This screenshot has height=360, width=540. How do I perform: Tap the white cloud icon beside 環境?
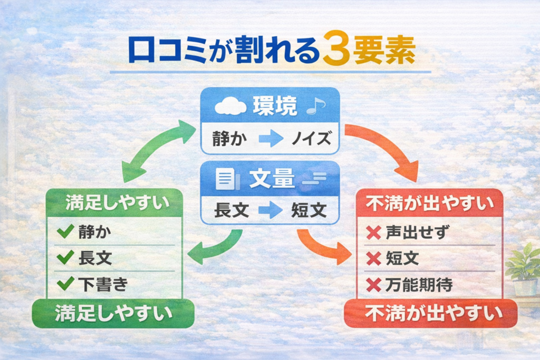click(230, 106)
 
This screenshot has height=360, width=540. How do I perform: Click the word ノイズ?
click(311, 140)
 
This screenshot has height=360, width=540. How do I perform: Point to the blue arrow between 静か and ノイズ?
click(271, 140)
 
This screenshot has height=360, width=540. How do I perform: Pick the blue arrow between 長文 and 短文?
click(271, 211)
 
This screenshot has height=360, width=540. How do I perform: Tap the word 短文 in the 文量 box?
click(310, 211)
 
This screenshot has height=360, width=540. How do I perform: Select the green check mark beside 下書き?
click(65, 284)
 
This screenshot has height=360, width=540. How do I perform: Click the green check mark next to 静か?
click(65, 231)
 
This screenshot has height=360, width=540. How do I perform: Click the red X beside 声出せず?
click(373, 232)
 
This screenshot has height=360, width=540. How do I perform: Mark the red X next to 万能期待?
click(373, 285)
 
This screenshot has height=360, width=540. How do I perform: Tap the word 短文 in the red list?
click(402, 259)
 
